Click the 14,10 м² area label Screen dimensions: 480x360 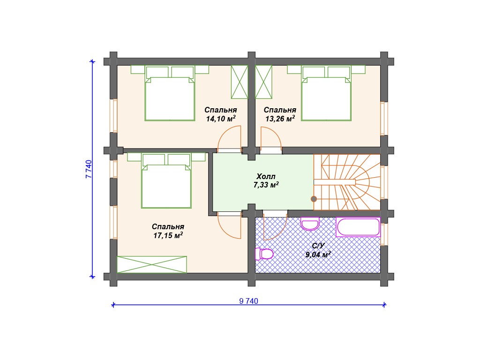point(221,119)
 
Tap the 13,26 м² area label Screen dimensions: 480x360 point(280,119)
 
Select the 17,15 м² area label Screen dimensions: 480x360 point(168,235)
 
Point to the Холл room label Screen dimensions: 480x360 point(266,176)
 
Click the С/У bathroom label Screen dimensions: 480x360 point(318,246)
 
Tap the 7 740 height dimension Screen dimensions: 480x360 point(89,169)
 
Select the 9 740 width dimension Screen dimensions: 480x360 point(248,301)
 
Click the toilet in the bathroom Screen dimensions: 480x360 point(264,254)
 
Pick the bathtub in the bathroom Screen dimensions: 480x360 point(358,227)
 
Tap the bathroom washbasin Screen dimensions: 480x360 point(310,224)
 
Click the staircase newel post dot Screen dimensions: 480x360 point(314,199)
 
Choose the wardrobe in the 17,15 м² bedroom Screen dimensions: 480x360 point(152,264)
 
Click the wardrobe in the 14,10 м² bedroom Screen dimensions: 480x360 point(240,82)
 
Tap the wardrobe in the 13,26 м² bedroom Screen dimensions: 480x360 point(263,82)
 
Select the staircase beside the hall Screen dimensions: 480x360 point(347,182)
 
